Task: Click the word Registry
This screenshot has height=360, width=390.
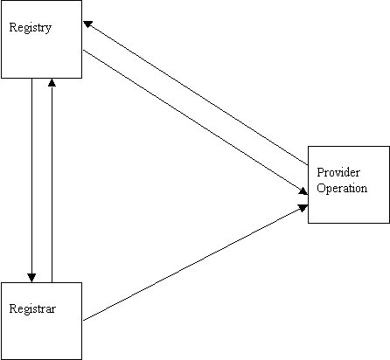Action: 31,28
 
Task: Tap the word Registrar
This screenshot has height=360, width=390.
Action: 32,308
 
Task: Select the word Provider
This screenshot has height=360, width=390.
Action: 338,172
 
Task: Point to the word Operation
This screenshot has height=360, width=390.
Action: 342,188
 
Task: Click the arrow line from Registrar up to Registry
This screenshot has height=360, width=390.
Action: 52,180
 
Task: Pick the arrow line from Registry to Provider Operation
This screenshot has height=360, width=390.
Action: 195,122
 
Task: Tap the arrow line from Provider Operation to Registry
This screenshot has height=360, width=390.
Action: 196,93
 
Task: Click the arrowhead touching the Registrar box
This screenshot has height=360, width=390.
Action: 31,278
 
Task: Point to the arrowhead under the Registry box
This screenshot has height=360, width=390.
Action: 52,82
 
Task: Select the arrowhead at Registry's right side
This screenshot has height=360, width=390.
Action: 87,24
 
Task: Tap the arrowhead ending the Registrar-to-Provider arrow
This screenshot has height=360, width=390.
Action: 303,208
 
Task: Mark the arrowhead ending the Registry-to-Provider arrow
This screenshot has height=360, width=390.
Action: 303,191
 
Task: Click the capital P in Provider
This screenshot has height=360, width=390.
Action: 320,172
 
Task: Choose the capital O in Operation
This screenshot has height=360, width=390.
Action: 321,188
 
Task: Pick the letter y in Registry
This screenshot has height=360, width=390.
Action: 48,29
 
